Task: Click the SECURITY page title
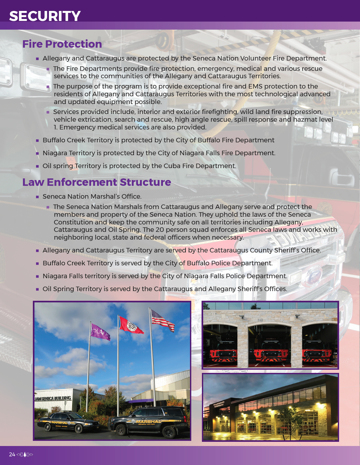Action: (x=45, y=16)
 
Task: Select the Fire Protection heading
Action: (x=62, y=44)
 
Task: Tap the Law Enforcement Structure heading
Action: (x=97, y=182)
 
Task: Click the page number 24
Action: (x=12, y=454)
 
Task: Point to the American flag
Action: (x=163, y=320)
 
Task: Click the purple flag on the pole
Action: (x=100, y=332)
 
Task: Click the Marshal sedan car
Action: (x=68, y=422)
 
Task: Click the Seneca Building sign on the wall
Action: (x=53, y=399)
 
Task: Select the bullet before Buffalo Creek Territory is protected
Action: (x=37, y=140)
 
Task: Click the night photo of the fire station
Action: (x=270, y=407)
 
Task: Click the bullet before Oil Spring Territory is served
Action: (x=37, y=289)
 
